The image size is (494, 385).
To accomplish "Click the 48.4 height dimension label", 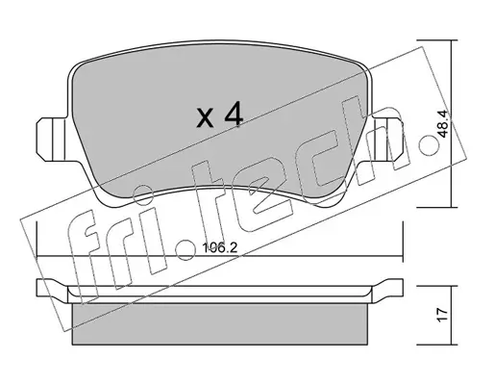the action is pyautogui.click(x=442, y=124).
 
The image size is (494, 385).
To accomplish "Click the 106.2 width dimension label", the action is pyautogui.click(x=220, y=247).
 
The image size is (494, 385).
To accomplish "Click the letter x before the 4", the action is pyautogui.click(x=205, y=117).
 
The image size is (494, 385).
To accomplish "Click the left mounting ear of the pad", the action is pyautogui.click(x=51, y=140).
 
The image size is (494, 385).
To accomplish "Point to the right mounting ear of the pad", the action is pyautogui.click(x=386, y=140).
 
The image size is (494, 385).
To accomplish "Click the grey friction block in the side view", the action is pyautogui.click(x=220, y=323).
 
